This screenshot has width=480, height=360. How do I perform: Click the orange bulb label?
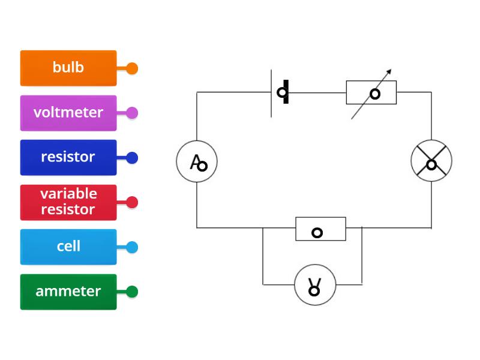68,68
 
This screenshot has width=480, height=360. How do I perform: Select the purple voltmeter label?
68,113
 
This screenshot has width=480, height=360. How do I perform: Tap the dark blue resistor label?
68,157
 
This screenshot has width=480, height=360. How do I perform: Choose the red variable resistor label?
68,202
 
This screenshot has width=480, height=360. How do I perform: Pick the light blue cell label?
68,247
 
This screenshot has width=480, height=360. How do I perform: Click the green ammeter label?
68,292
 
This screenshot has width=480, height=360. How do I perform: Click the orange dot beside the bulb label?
132,68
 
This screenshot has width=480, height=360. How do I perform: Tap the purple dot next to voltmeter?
132,113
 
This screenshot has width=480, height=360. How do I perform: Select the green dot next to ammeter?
132,292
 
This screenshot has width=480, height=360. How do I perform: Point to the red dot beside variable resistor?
132,202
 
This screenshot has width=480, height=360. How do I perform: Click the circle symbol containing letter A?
197,161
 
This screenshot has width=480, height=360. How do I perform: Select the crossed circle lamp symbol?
431,161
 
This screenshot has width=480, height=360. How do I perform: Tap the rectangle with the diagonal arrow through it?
371,93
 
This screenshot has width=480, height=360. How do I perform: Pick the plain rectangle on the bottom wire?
320,229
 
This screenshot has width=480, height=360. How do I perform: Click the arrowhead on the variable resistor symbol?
389,72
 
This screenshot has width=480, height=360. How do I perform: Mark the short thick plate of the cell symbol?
286,92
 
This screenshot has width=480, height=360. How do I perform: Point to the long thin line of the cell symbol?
272,93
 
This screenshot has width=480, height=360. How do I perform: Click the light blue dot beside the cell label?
132,247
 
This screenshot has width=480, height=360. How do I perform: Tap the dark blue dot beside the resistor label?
132,158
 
